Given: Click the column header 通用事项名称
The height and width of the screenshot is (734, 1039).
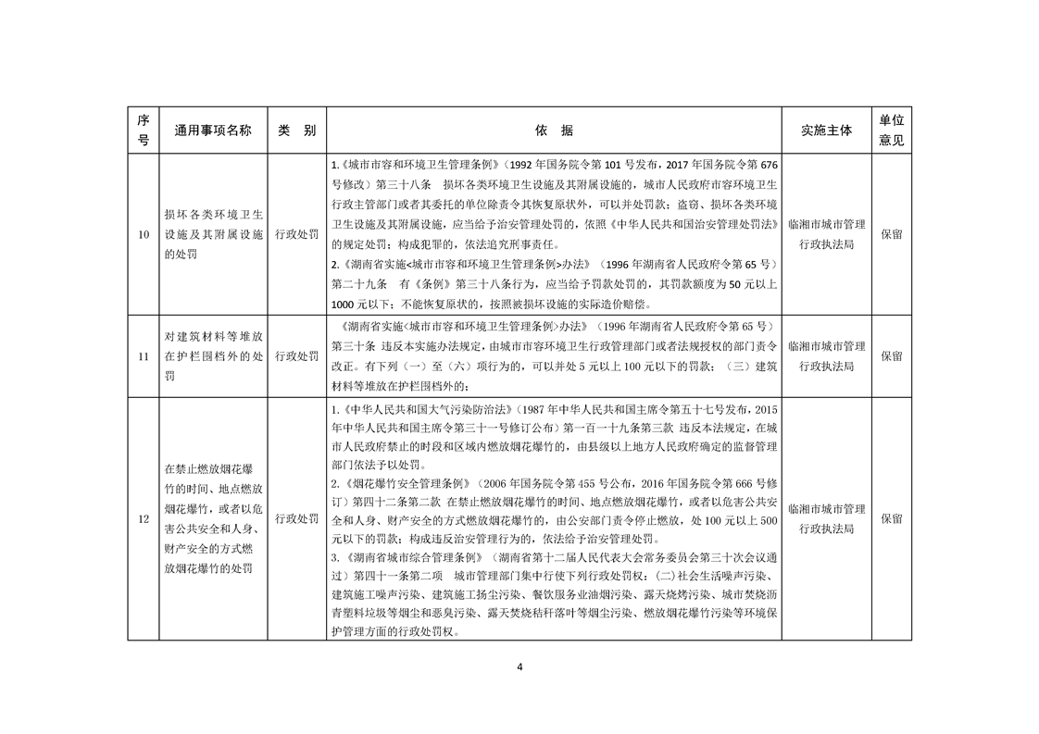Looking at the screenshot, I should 212,131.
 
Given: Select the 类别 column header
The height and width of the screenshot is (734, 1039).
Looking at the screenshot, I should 296,131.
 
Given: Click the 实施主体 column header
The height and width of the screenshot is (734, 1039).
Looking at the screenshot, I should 826,131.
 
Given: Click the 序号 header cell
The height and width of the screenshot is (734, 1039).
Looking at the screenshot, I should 143,131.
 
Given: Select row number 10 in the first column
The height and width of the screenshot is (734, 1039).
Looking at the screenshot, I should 143,234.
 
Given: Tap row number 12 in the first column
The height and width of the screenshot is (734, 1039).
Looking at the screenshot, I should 143,519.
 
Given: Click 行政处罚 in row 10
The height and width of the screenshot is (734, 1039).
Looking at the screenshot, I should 296,234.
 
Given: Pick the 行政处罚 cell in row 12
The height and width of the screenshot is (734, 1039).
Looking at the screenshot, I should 296,519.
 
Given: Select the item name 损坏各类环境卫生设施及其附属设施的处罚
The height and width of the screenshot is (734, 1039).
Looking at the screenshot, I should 212,234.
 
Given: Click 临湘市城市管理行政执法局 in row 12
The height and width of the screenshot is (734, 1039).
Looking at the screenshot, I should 826,519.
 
